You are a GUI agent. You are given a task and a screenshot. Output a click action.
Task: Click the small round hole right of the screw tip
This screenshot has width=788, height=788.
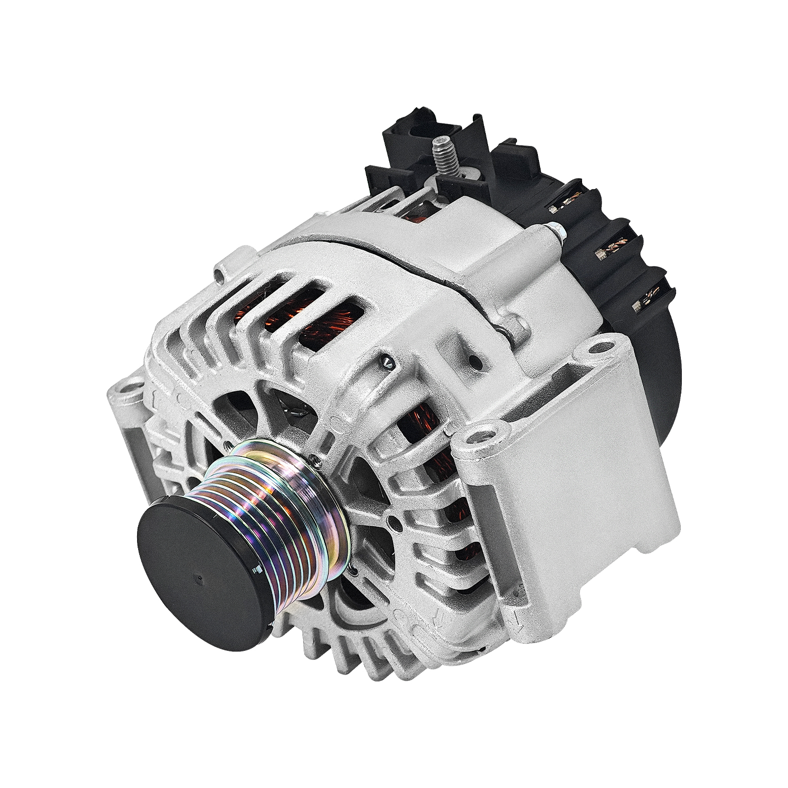click(x=475, y=362)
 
